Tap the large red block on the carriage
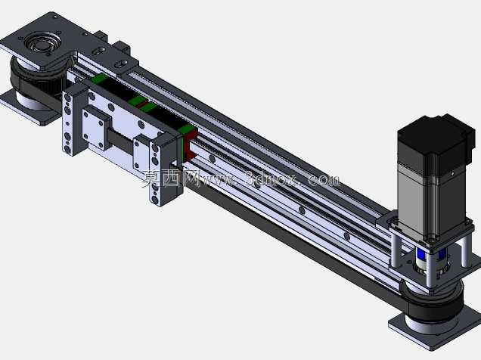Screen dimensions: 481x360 (x=190, y=146)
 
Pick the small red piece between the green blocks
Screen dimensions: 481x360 (x=142, y=104)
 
